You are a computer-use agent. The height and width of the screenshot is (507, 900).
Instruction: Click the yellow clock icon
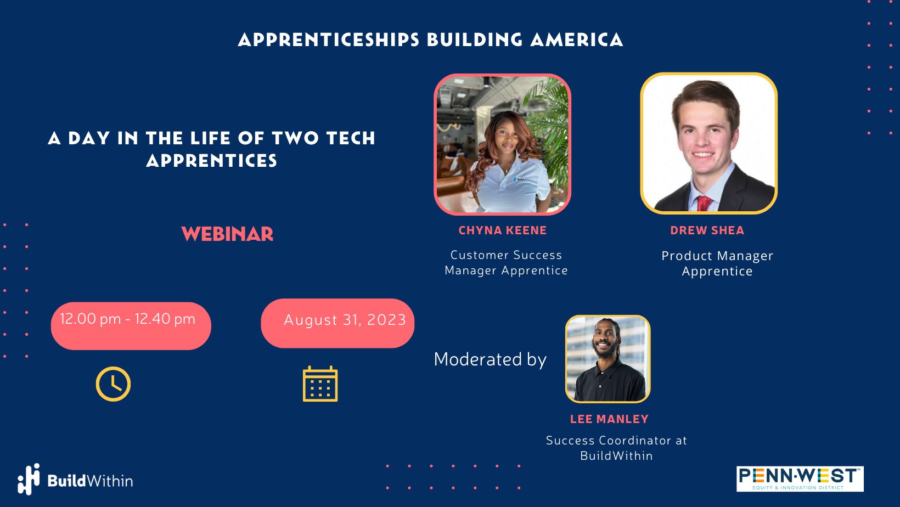pyautogui.click(x=113, y=384)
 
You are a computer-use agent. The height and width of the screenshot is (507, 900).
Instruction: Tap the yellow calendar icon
pyautogui.click(x=320, y=384)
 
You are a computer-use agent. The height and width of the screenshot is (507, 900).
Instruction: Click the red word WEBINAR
pyautogui.click(x=227, y=234)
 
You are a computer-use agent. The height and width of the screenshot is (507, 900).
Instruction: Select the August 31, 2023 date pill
pyautogui.click(x=337, y=323)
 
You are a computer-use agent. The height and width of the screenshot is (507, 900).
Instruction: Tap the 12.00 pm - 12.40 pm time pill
pyautogui.click(x=131, y=325)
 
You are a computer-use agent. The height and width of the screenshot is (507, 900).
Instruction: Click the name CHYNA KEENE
pyautogui.click(x=503, y=230)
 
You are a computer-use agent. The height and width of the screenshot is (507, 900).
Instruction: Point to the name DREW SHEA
pyautogui.click(x=707, y=230)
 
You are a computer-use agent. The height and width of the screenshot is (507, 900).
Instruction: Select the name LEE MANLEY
pyautogui.click(x=609, y=419)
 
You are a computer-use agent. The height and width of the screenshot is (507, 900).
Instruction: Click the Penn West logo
pyautogui.click(x=800, y=478)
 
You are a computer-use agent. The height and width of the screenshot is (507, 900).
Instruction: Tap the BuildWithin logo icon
pyautogui.click(x=29, y=479)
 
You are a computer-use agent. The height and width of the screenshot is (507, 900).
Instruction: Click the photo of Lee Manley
pyautogui.click(x=607, y=359)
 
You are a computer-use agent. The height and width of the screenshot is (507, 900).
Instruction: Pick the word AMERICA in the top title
pyautogui.click(x=577, y=40)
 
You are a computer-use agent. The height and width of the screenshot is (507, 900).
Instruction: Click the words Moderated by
pyautogui.click(x=490, y=359)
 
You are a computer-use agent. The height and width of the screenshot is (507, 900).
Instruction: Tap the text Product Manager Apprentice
pyautogui.click(x=717, y=263)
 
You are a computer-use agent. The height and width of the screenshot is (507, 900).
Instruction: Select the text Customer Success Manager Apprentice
pyautogui.click(x=506, y=263)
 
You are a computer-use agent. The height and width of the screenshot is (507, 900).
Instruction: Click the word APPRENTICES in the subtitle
pyautogui.click(x=212, y=161)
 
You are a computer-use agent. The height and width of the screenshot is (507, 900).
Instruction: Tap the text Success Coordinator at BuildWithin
pyautogui.click(x=616, y=448)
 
